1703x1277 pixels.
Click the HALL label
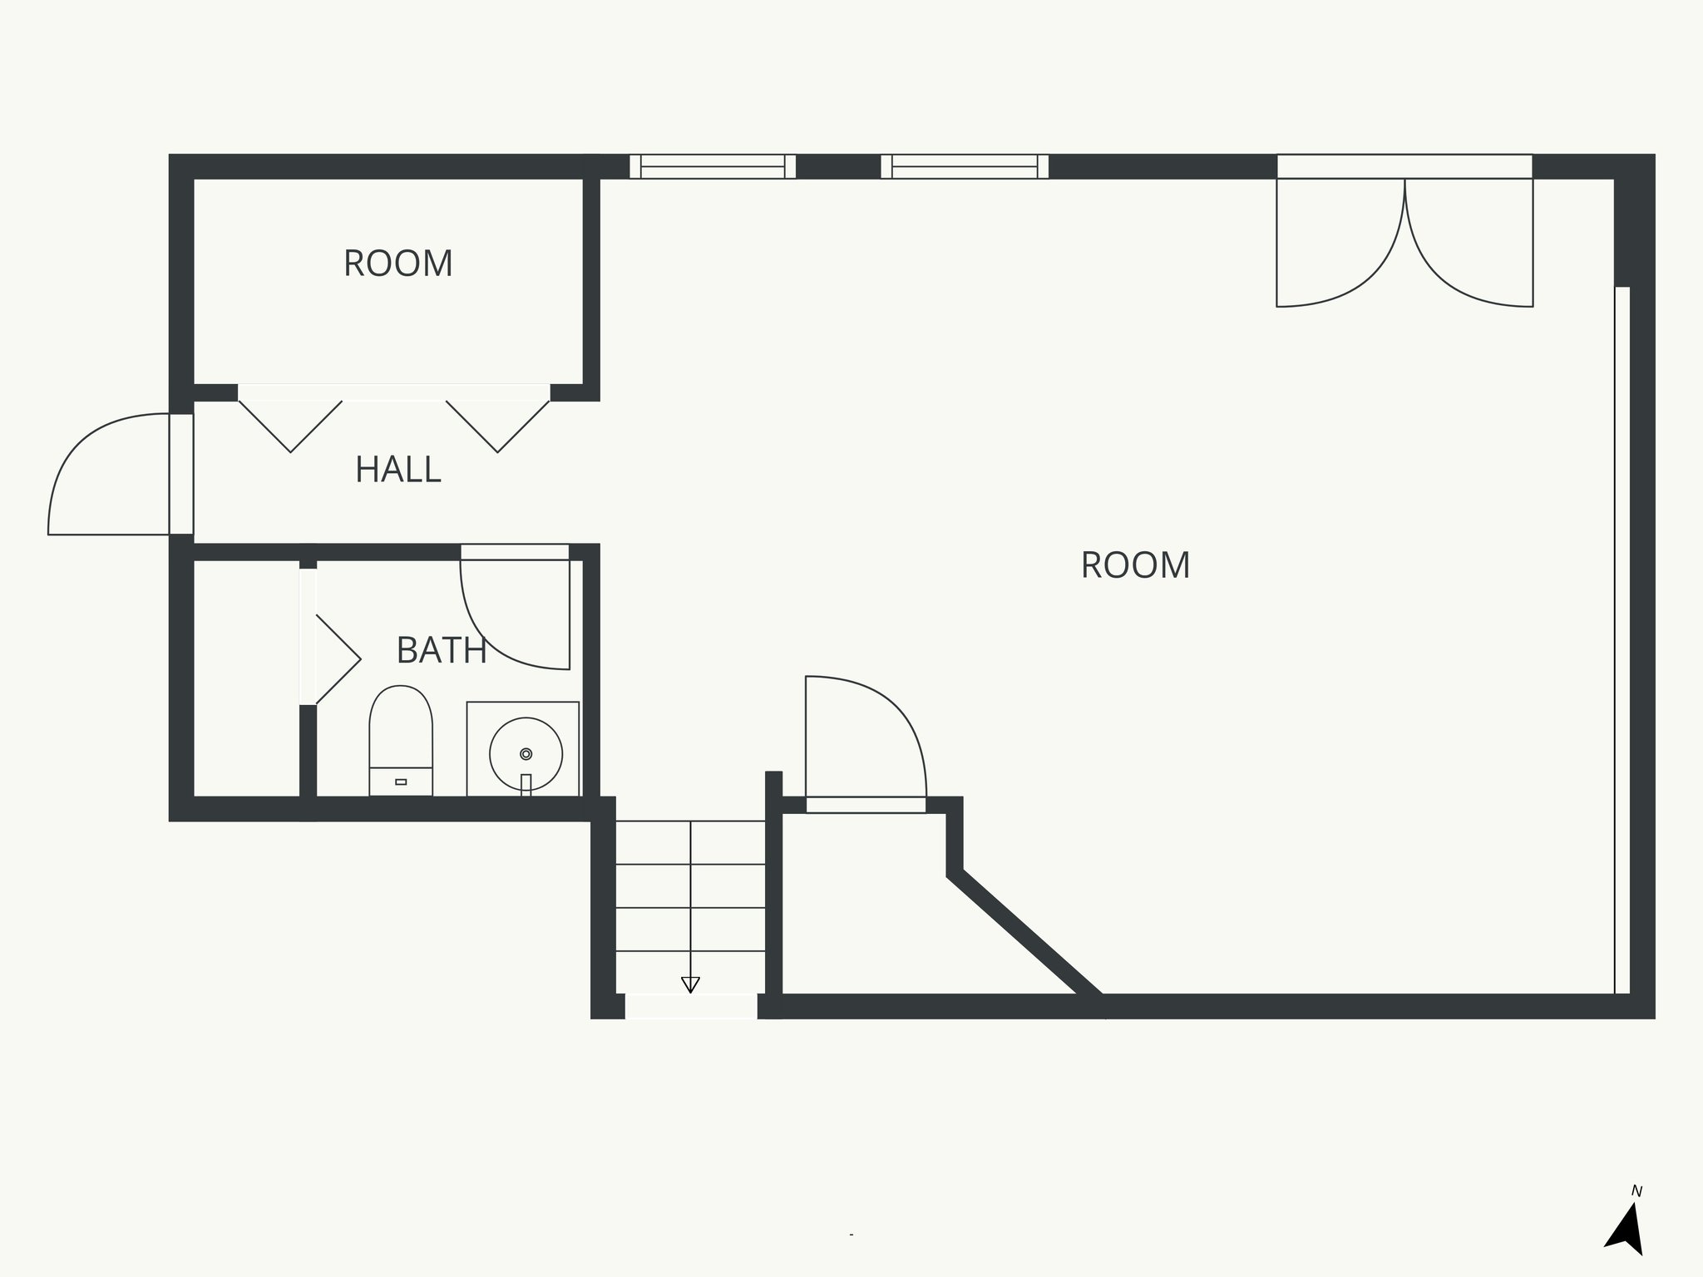pyautogui.click(x=397, y=470)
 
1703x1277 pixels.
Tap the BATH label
pyautogui.click(x=441, y=650)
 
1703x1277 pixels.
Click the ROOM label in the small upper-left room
pyautogui.click(x=397, y=264)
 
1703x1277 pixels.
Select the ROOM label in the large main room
pyautogui.click(x=1135, y=565)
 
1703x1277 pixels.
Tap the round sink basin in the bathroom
pyautogui.click(x=526, y=754)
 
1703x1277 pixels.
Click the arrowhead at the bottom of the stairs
pyautogui.click(x=690, y=984)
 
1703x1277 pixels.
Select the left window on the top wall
pyautogui.click(x=713, y=167)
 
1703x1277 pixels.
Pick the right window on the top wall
pyautogui.click(x=965, y=167)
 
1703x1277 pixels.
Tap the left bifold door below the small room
pyautogui.click(x=290, y=425)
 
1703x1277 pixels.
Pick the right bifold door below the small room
pyautogui.click(x=497, y=425)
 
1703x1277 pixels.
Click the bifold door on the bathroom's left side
pyautogui.click(x=336, y=659)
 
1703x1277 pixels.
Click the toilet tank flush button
pyautogui.click(x=401, y=781)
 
